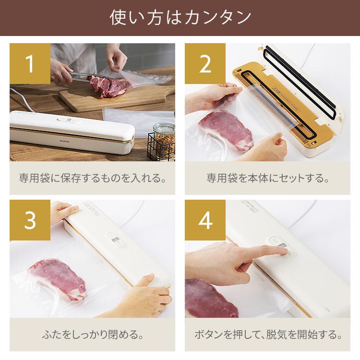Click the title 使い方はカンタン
180,18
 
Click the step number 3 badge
30,221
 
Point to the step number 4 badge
205,221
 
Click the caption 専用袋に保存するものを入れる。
92,179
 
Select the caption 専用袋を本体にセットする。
267,179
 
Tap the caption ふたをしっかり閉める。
92,335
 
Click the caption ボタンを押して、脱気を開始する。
267,335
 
